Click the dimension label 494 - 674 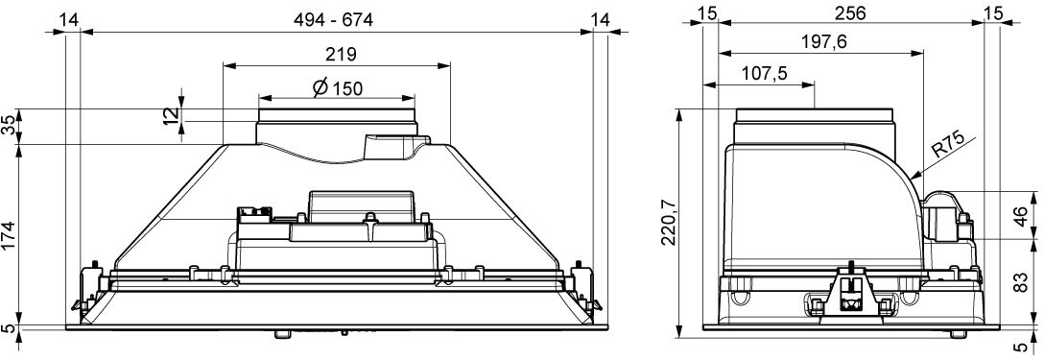point(334,20)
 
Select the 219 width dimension point(341,55)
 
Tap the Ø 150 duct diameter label point(338,88)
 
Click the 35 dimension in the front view point(10,126)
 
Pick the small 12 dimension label point(171,114)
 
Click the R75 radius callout point(947,145)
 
